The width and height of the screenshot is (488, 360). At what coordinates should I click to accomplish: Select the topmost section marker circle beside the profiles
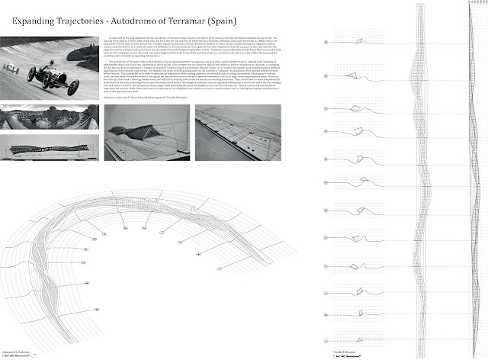[x=326, y=41]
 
